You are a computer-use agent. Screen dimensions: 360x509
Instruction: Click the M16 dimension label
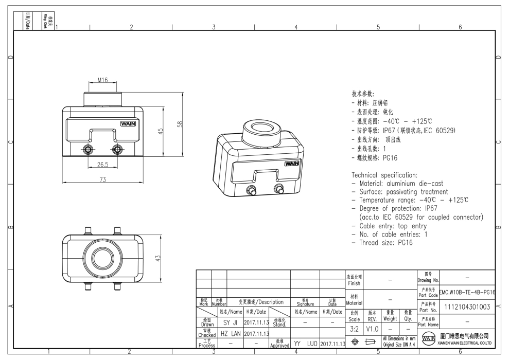click(x=103, y=81)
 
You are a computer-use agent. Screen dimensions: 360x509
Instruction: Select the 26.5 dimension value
click(x=102, y=165)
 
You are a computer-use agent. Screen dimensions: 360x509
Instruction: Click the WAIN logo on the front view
click(x=128, y=123)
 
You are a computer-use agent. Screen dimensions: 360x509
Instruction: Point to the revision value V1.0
click(x=372, y=328)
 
